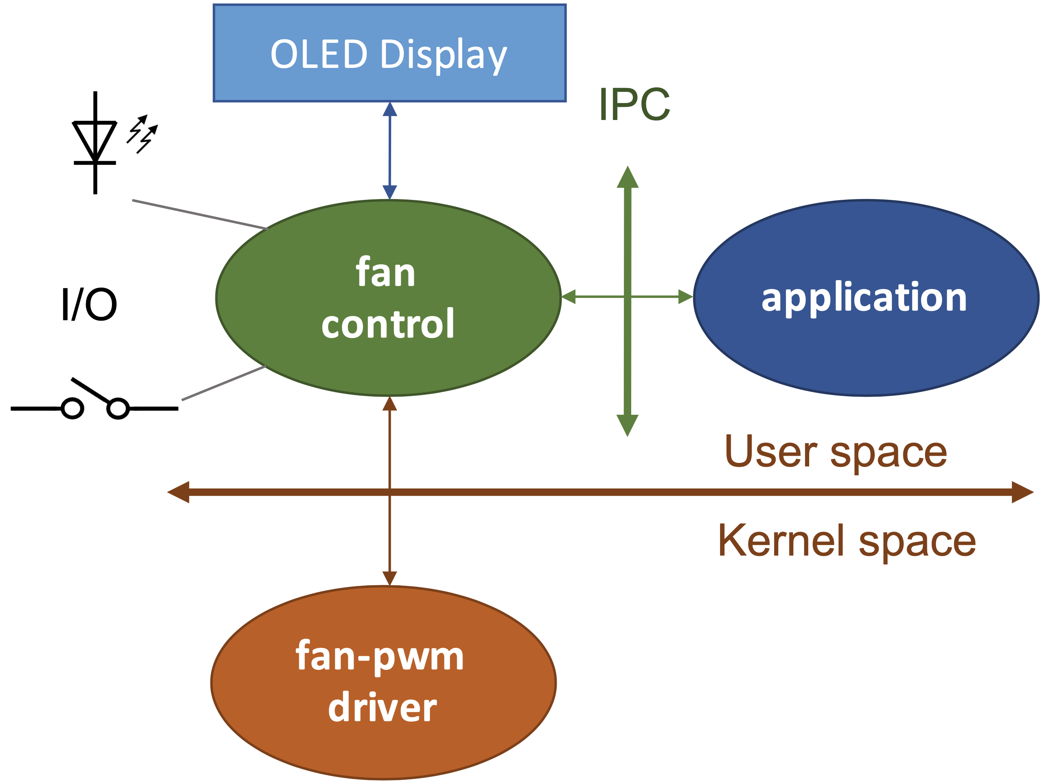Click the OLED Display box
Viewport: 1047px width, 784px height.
coord(389,53)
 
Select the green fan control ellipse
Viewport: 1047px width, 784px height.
coord(388,298)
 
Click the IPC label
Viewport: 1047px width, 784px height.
coord(634,104)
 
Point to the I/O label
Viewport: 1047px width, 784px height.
coord(89,304)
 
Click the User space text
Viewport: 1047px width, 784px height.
coord(835,452)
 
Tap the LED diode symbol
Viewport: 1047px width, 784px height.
coord(95,142)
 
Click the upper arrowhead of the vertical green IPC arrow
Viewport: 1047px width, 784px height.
coord(628,178)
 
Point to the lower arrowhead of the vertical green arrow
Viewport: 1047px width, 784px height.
coord(628,424)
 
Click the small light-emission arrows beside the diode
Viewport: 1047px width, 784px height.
coord(142,133)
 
